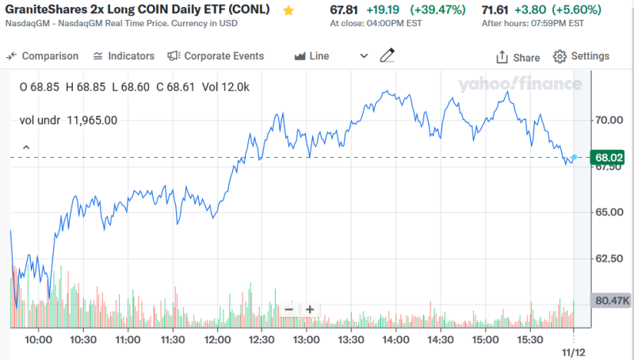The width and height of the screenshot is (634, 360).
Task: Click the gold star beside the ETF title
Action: point(288,10)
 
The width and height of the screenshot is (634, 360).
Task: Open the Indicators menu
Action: point(124,56)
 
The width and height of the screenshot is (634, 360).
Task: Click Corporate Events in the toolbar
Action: point(216,56)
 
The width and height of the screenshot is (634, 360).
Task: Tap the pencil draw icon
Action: point(387,56)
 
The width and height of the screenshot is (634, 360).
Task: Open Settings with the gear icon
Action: point(582,56)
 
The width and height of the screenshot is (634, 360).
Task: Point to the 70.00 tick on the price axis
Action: point(611,120)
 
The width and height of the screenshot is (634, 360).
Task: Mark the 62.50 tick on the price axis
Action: point(611,258)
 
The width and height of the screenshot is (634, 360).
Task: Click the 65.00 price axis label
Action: point(611,212)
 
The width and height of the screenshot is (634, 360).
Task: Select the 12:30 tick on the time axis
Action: point(259,339)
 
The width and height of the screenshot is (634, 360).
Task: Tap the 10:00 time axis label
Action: point(38,339)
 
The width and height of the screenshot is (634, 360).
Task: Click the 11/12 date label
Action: point(573,349)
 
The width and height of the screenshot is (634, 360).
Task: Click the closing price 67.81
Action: point(342,10)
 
